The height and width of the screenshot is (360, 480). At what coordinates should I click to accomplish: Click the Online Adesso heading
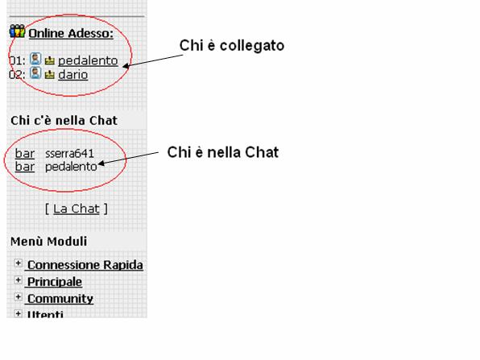(71, 33)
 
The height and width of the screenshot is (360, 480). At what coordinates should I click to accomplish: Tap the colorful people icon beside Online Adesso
(17, 31)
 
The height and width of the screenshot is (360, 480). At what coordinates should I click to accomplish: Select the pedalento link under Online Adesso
(88, 60)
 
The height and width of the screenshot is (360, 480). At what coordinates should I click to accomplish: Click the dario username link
(72, 75)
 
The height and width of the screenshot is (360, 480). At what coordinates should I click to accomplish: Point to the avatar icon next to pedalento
(35, 59)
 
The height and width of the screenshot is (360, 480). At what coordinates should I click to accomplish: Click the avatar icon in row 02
(35, 73)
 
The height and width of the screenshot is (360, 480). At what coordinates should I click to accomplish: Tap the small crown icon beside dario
(50, 75)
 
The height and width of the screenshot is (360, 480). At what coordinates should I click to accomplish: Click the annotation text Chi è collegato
(232, 46)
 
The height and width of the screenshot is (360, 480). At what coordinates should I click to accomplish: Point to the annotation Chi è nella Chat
(223, 152)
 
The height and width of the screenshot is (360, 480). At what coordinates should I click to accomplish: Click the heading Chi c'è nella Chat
(64, 120)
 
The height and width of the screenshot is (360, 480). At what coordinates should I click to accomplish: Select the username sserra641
(69, 153)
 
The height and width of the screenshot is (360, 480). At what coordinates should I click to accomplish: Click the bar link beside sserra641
(25, 153)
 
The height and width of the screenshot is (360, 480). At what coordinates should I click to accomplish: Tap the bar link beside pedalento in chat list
(25, 167)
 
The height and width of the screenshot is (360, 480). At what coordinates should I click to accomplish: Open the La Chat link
(77, 209)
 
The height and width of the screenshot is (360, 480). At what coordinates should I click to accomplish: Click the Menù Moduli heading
(48, 242)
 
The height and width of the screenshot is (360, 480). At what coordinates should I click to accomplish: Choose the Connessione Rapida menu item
(85, 265)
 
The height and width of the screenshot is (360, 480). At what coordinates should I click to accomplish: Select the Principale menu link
(55, 282)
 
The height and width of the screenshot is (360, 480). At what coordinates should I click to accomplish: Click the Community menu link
(60, 299)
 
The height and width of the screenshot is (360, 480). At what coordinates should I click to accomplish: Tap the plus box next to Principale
(18, 280)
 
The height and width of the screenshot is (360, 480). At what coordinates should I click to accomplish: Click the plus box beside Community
(18, 297)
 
